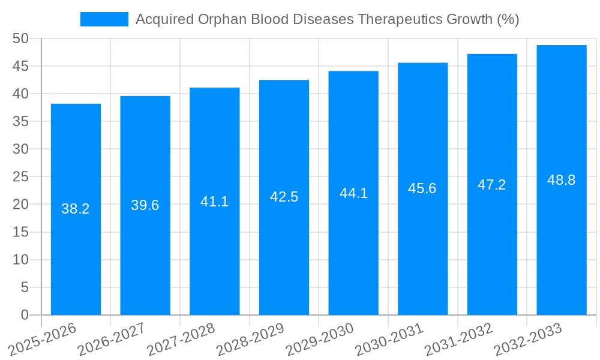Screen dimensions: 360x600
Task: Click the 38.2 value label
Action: tap(76, 209)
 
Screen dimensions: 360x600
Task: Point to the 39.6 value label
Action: tap(145, 205)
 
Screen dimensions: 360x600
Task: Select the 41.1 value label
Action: tap(214, 202)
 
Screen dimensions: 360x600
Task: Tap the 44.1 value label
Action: tap(353, 193)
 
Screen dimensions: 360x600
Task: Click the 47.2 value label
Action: tap(492, 185)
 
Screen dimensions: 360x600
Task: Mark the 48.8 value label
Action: tap(562, 180)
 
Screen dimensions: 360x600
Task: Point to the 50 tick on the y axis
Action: tap(20, 38)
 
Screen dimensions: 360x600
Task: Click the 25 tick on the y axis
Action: tap(20, 177)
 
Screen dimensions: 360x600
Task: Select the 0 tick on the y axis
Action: tap(25, 315)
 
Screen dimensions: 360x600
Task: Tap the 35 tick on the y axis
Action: tap(20, 121)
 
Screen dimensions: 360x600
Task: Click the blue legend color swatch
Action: tap(104, 19)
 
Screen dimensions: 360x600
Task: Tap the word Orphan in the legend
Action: tap(218, 19)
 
